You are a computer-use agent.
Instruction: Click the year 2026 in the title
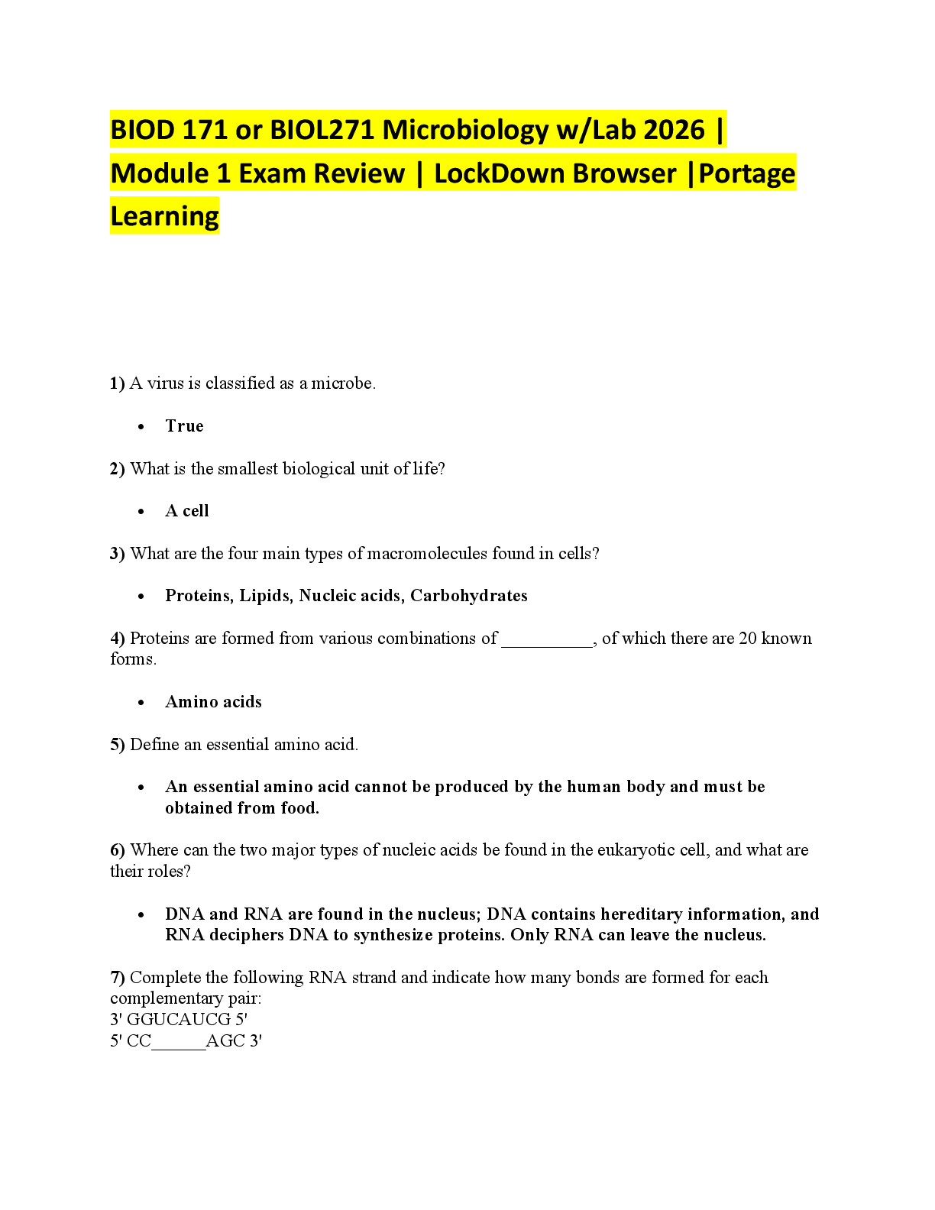point(675,130)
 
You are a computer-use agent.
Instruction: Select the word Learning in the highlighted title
point(165,216)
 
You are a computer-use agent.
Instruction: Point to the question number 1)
point(118,383)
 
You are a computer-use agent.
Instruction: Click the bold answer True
point(185,426)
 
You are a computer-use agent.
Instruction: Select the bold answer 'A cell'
point(187,511)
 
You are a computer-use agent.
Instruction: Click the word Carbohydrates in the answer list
point(469,596)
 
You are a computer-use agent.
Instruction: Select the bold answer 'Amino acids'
point(214,702)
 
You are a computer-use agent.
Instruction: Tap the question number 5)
point(118,745)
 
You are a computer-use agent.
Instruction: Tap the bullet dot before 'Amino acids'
point(141,703)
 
